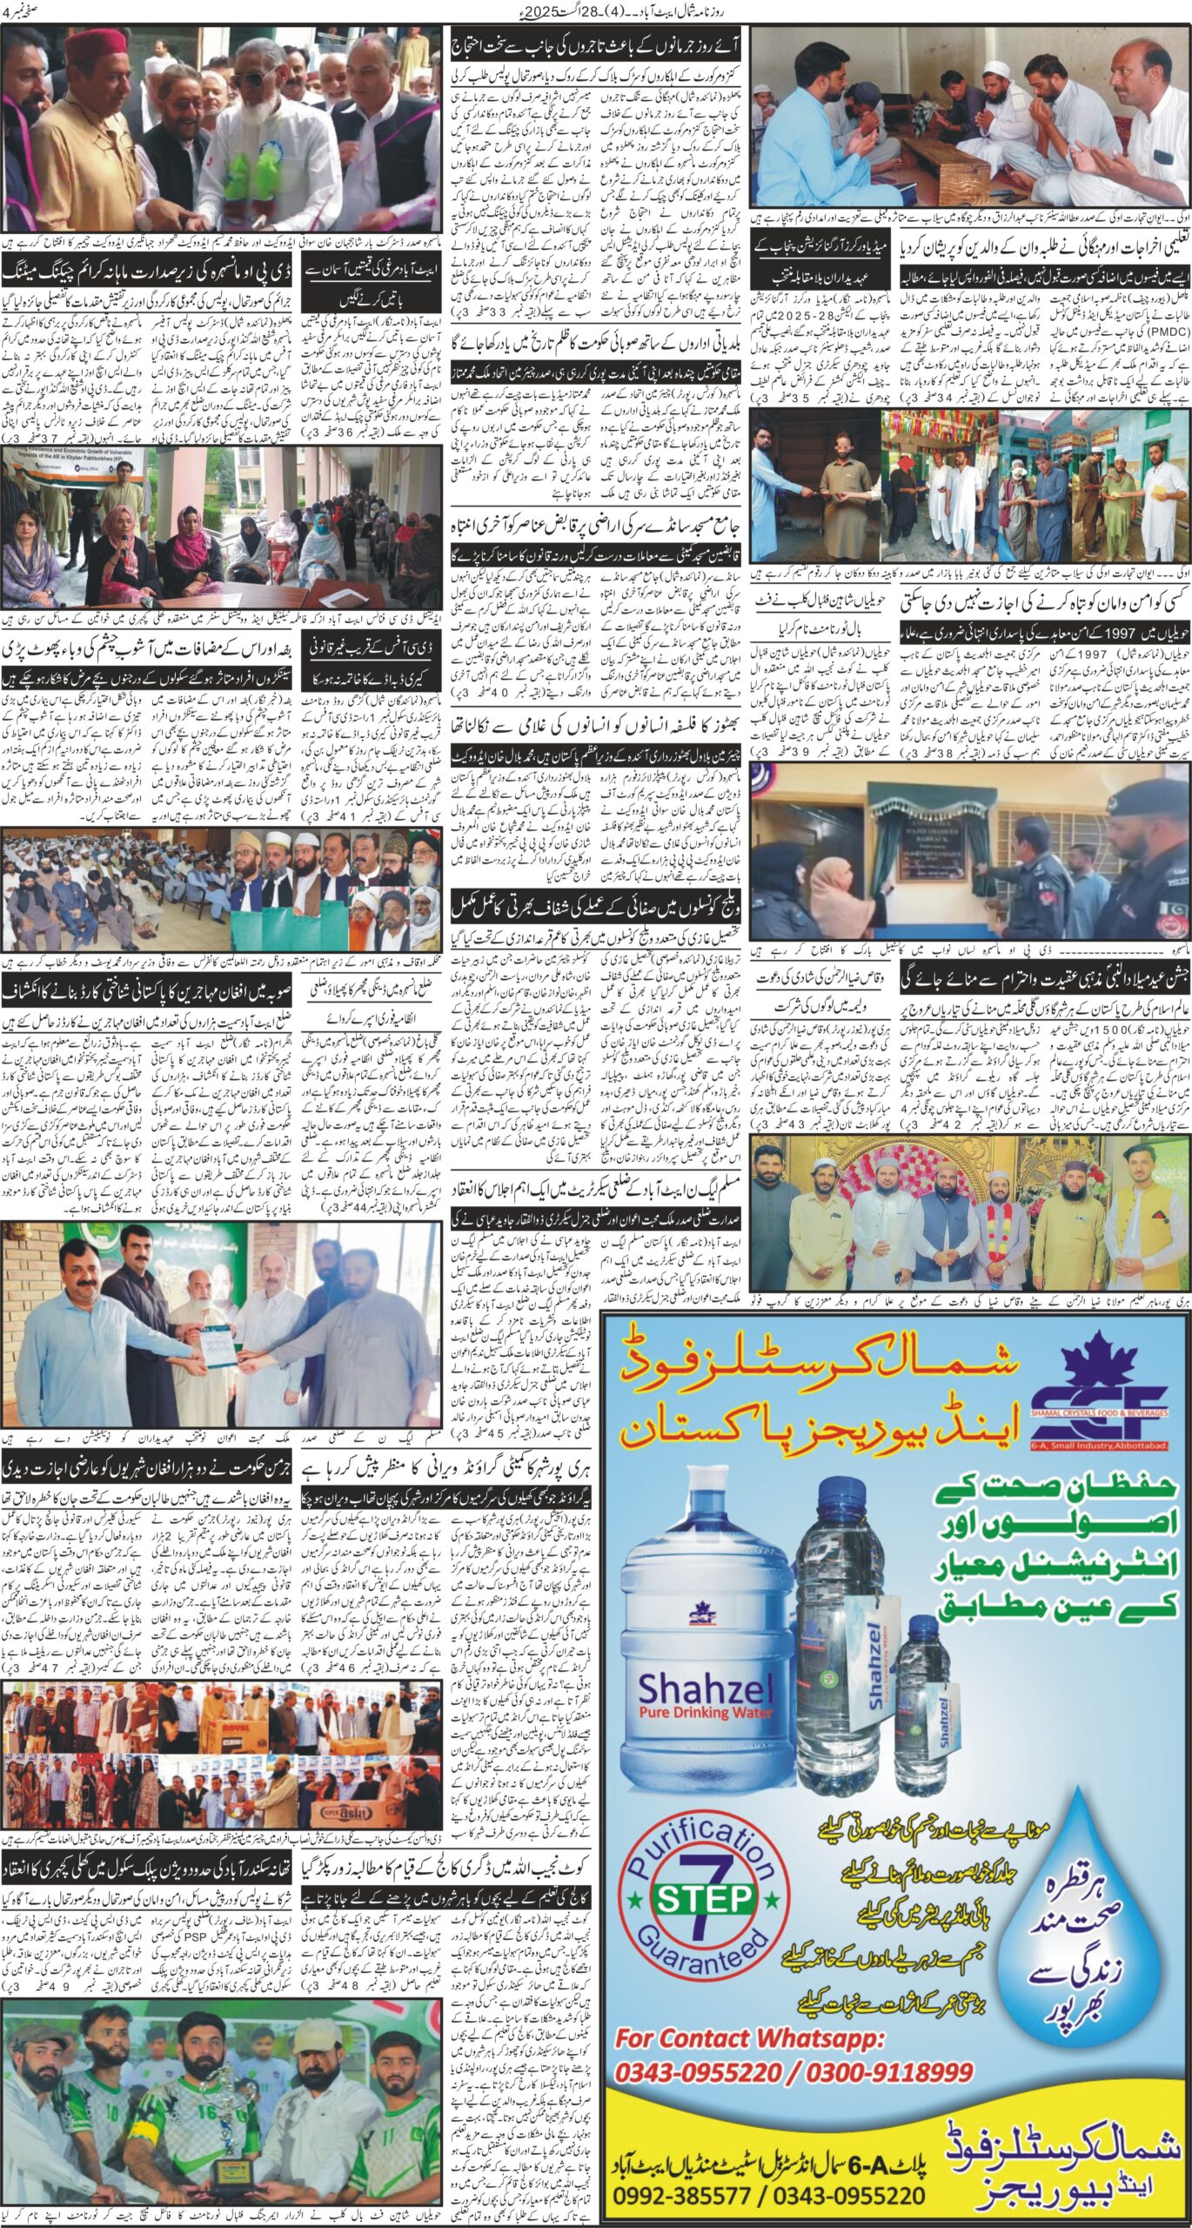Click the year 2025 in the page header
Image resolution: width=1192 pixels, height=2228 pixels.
(575, 11)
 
